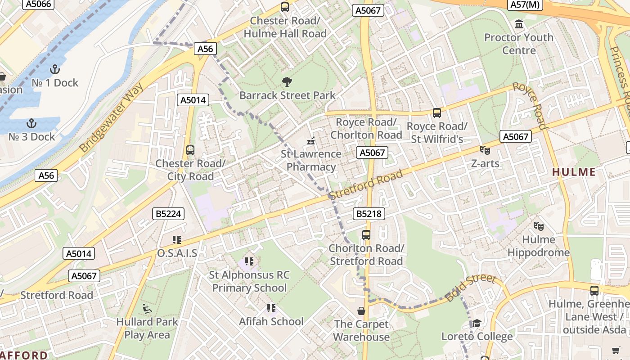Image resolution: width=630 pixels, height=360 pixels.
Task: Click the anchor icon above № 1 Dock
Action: click(54, 69)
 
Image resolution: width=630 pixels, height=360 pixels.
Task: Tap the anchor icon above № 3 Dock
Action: click(31, 123)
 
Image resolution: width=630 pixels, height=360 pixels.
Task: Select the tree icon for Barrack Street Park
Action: click(287, 82)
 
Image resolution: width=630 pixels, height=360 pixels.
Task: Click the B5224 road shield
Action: click(168, 214)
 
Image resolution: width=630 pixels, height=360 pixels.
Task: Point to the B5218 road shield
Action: click(369, 214)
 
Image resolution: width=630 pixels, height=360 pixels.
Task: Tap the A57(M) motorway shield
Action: click(526, 4)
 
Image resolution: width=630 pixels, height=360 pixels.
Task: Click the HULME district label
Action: click(574, 172)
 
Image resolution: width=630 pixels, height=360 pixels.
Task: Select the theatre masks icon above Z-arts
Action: click(485, 150)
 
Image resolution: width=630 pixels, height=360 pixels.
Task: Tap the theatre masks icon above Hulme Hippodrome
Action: click(538, 226)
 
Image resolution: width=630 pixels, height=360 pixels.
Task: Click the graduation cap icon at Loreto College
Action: click(477, 323)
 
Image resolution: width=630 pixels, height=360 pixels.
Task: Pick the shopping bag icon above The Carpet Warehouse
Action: click(361, 311)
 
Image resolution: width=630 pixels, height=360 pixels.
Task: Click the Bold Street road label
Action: click(470, 288)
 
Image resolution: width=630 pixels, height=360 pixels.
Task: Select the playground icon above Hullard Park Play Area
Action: click(147, 309)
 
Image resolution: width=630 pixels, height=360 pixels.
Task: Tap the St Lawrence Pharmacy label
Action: click(311, 160)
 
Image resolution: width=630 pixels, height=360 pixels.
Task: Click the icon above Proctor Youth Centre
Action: click(519, 24)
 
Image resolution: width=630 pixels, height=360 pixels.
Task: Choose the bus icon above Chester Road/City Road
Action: click(190, 150)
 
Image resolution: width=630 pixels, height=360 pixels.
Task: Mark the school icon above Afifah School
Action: click(271, 308)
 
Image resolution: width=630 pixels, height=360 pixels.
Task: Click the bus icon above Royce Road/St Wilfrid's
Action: click(436, 113)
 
